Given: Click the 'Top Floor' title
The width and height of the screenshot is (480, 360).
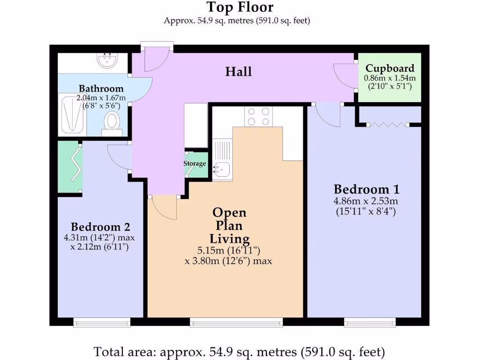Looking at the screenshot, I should (240, 7).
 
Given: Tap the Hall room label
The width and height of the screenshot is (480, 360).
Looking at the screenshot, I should (239, 72).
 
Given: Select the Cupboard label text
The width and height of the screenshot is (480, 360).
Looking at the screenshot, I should (390, 68).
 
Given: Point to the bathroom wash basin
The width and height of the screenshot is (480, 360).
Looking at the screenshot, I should (107, 60).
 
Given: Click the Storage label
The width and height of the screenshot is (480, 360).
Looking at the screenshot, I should (195, 164).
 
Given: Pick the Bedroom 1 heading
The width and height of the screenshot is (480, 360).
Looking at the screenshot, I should (367, 189).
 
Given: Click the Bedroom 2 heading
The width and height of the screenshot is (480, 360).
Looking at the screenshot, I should (100, 227).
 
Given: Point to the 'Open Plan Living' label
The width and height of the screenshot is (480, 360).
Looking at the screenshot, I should (229, 225).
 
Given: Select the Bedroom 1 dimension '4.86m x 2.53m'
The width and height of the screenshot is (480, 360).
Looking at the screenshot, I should (367, 201).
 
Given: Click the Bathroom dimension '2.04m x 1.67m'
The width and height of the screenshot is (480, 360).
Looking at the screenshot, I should (101, 97).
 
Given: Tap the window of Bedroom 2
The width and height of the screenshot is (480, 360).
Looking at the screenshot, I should (102, 322).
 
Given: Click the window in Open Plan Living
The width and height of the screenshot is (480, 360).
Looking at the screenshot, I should (236, 322).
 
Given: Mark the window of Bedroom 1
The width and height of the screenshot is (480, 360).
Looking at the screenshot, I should (370, 322).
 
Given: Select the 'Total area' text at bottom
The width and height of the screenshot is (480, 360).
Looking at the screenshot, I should (240, 351).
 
